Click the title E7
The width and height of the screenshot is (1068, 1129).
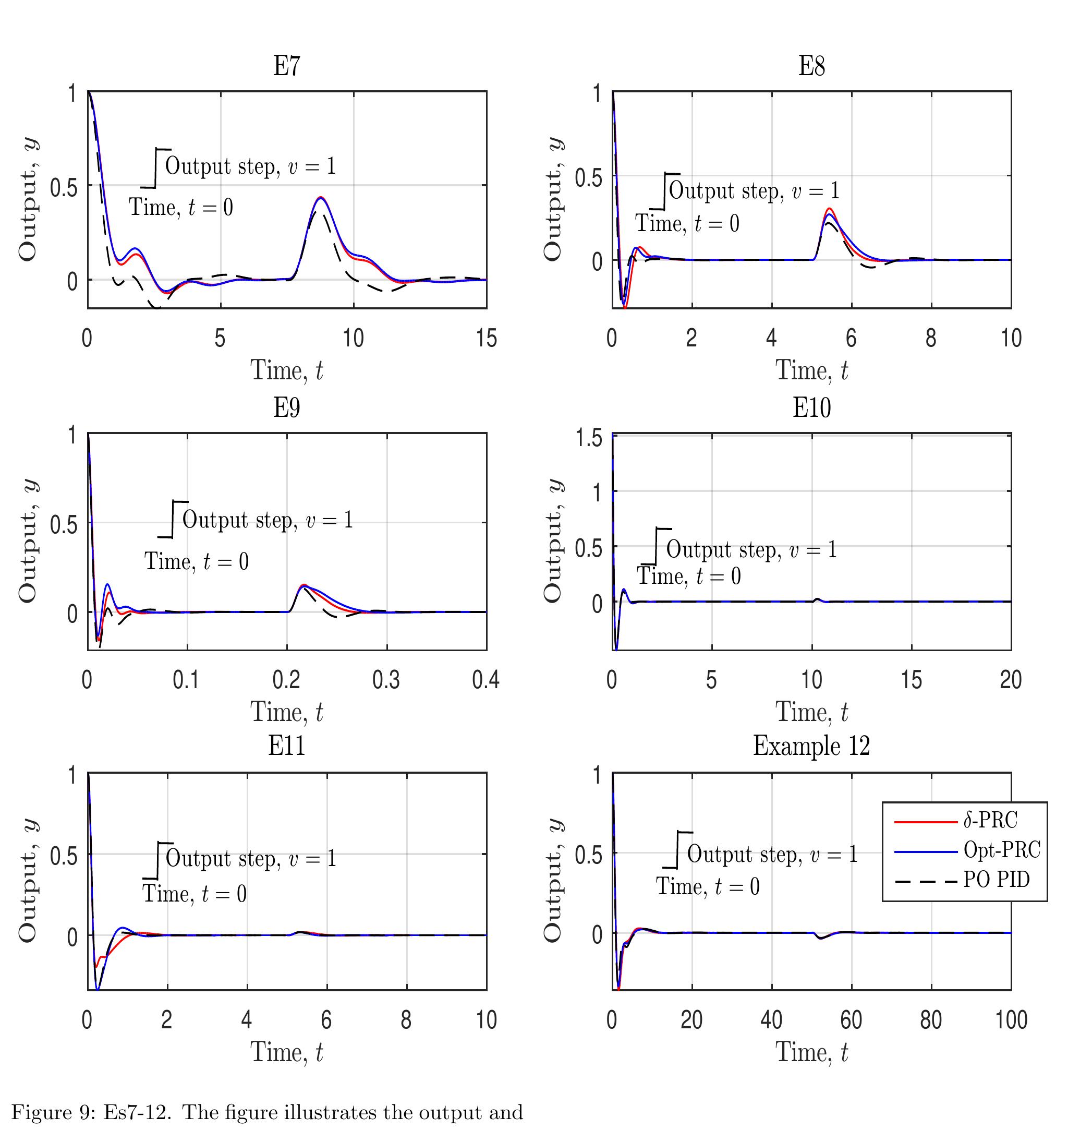click(x=286, y=66)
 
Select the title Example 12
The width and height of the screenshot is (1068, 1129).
click(x=811, y=746)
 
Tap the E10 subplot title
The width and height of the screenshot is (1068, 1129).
click(x=811, y=407)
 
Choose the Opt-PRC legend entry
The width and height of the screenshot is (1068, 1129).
click(x=1001, y=849)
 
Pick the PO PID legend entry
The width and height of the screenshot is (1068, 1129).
click(x=996, y=879)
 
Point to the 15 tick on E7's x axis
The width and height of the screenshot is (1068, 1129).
click(x=486, y=339)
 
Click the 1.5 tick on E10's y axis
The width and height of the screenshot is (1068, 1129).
click(x=589, y=438)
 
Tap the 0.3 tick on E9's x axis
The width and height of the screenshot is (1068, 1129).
click(x=386, y=680)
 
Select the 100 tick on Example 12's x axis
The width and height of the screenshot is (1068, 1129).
click(x=1011, y=1019)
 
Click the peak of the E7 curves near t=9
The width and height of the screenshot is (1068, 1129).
click(x=321, y=198)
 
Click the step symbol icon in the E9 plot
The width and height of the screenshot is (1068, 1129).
click(x=173, y=519)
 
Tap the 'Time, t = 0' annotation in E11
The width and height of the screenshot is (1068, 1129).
click(x=194, y=893)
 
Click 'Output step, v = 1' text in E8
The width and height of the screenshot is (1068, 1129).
click(x=754, y=190)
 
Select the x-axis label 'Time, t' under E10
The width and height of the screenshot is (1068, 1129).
click(x=811, y=712)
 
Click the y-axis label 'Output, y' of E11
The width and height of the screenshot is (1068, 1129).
click(x=29, y=881)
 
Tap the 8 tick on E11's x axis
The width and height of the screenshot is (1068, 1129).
click(x=406, y=1019)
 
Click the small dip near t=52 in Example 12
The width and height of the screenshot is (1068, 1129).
click(x=820, y=938)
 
